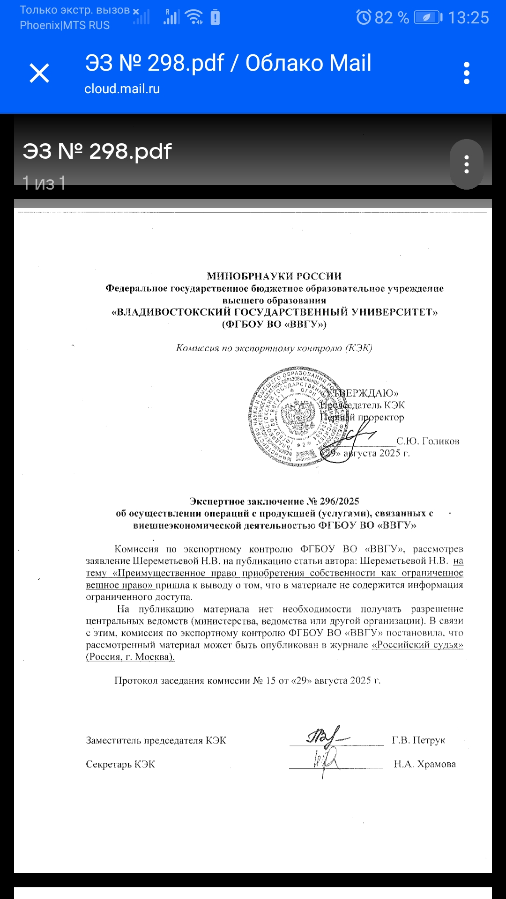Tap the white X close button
pyautogui.click(x=39, y=74)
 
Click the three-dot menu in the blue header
pyautogui.click(x=466, y=74)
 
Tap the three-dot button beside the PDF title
pyautogui.click(x=466, y=164)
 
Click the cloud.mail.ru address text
pyautogui.click(x=122, y=89)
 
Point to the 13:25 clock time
pyautogui.click(x=468, y=18)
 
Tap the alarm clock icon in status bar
pyautogui.click(x=364, y=18)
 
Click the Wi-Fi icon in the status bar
pyautogui.click(x=194, y=17)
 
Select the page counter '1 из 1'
pyautogui.click(x=44, y=183)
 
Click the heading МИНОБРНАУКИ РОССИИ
pyautogui.click(x=274, y=276)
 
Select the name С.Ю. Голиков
pyautogui.click(x=428, y=441)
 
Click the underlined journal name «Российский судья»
pyautogui.click(x=417, y=645)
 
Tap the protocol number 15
pyautogui.click(x=270, y=681)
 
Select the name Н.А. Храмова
pyautogui.click(x=424, y=764)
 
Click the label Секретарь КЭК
pyautogui.click(x=120, y=764)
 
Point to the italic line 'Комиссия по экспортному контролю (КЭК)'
pyautogui.click(x=274, y=348)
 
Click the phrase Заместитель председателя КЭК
pyautogui.click(x=156, y=740)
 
